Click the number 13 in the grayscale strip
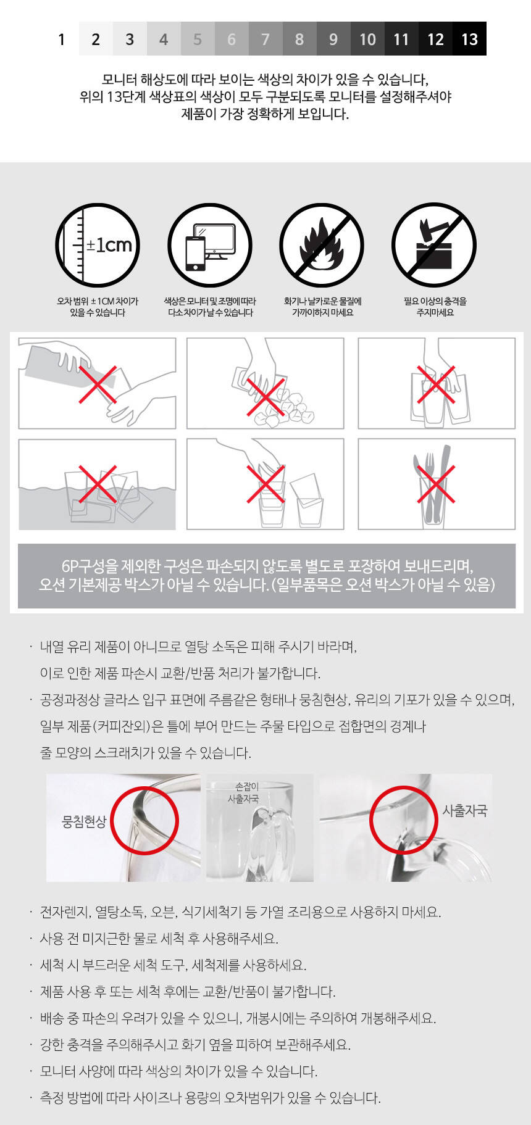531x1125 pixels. coord(469,39)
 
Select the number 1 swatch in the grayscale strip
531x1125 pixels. coord(62,39)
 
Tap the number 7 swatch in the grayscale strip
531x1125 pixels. coord(265,39)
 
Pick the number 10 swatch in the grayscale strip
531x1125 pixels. coord(367,39)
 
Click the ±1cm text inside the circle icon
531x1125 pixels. coord(109,245)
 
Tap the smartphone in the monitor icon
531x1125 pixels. coord(195,253)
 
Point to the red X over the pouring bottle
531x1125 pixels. coord(98,384)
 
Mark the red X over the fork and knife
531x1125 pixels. coord(436,484)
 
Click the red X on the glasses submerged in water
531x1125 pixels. coord(98,484)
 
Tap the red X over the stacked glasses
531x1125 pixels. coord(436,384)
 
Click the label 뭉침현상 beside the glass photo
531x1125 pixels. coord(85,822)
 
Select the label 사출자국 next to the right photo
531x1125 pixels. coord(464,811)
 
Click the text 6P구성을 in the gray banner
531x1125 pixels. coord(88,567)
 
